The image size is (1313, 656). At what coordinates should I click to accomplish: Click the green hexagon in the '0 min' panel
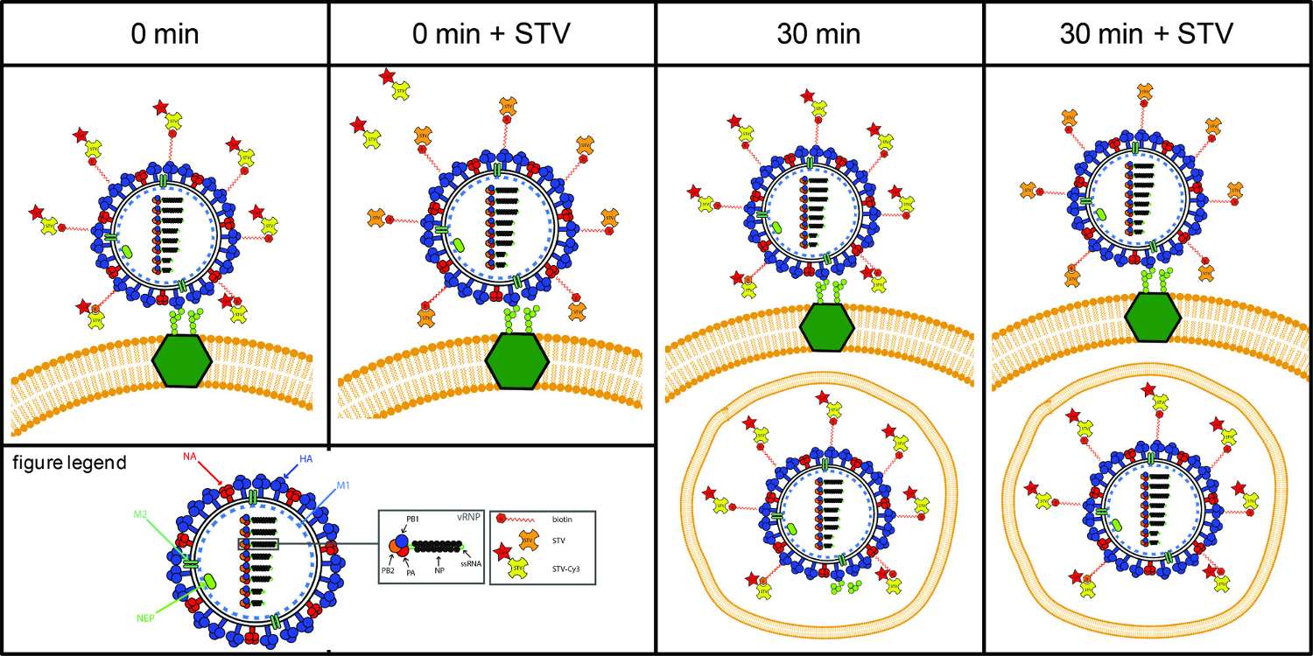tap(181, 361)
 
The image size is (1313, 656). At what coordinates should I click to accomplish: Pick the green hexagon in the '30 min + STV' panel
tap(1155, 318)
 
